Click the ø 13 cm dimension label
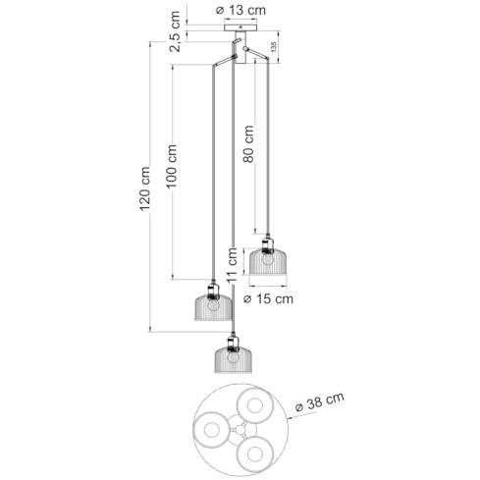point(240,11)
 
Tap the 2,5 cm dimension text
point(175,31)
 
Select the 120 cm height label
point(144,189)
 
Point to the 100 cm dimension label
point(171,166)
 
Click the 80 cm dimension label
point(248,144)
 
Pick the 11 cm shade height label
point(232,265)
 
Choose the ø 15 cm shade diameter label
point(269,298)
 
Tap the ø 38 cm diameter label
point(320,401)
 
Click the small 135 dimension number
point(274,47)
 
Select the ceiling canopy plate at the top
point(240,27)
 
